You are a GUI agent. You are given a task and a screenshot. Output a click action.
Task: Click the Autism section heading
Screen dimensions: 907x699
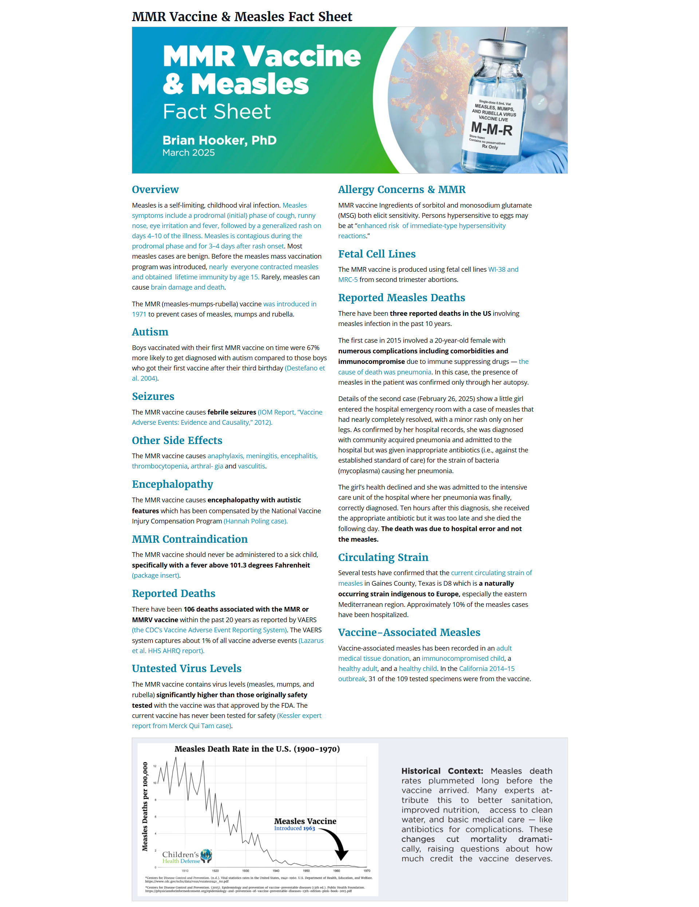(x=150, y=332)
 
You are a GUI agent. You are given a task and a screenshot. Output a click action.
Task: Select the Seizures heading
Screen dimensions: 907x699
(x=153, y=396)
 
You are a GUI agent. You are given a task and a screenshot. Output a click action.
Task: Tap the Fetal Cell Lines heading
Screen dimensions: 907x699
(x=376, y=254)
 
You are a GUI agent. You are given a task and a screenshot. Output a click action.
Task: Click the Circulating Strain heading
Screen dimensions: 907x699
(x=383, y=557)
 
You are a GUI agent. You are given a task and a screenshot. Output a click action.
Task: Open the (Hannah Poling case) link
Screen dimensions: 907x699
(x=255, y=521)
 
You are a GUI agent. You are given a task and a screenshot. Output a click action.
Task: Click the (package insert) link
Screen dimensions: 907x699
(x=156, y=575)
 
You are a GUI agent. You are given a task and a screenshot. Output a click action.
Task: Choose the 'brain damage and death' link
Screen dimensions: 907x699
(x=187, y=287)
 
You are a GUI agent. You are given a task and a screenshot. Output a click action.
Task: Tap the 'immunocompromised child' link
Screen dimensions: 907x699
(x=463, y=658)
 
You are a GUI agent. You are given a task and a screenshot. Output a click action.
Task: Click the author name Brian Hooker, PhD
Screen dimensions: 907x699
(x=219, y=140)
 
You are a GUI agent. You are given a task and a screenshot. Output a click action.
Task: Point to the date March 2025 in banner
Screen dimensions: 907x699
(x=189, y=153)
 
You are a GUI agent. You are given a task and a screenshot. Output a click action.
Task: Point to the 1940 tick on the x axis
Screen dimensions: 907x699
(x=276, y=871)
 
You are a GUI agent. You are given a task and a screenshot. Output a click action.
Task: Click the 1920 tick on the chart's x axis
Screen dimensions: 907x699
(x=215, y=871)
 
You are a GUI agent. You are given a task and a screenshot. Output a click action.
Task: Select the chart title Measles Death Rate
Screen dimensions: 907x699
(x=257, y=749)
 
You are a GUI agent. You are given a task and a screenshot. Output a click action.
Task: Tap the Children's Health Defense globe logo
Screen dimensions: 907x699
(x=206, y=856)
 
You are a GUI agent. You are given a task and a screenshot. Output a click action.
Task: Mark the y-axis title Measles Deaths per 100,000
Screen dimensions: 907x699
(x=145, y=806)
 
